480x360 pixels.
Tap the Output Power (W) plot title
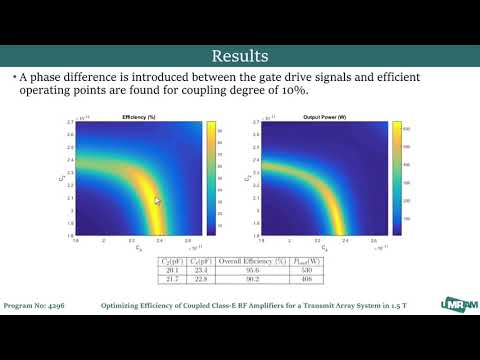point(318,118)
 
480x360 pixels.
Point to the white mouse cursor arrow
point(157,201)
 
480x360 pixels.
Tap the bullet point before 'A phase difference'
point(14,77)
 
